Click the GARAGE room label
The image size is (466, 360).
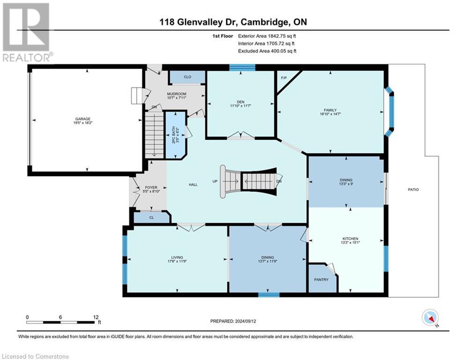[x=84, y=119]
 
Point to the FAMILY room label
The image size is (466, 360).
[x=331, y=110]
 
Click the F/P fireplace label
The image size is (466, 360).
[x=283, y=78]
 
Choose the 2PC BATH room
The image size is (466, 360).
[x=175, y=136]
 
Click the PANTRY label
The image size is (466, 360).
[x=321, y=280]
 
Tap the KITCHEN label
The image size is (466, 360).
[x=350, y=239]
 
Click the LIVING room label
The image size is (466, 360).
[x=177, y=257]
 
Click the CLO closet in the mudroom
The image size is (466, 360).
[x=187, y=76]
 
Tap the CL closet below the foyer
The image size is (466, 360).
[x=151, y=217]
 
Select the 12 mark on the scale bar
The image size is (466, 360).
[x=96, y=317]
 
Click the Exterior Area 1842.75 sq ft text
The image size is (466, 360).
[x=267, y=36]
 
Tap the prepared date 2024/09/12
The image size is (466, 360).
[x=233, y=321]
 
